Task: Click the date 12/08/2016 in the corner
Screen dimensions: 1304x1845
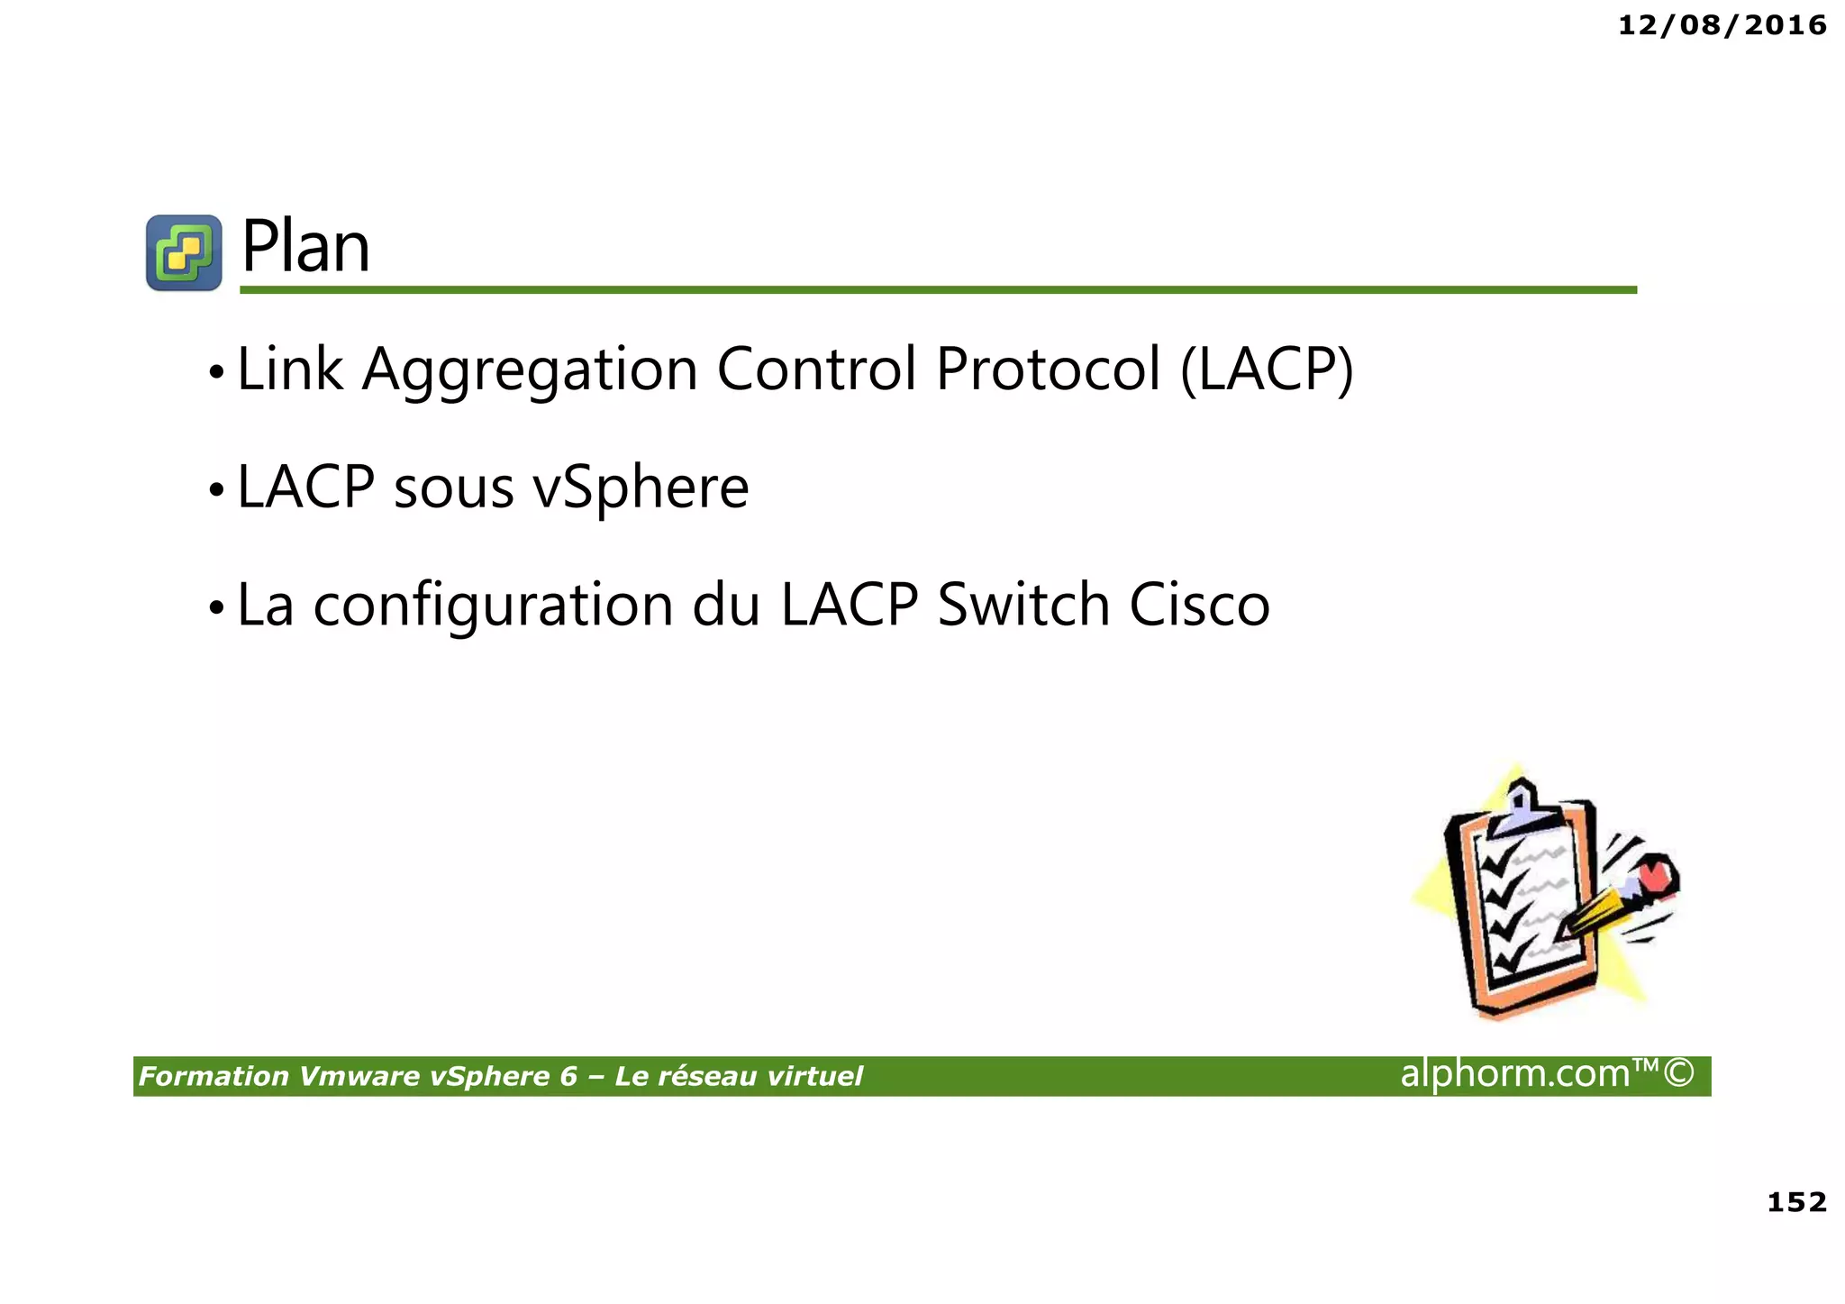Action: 1722,25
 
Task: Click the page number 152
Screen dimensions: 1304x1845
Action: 1796,1201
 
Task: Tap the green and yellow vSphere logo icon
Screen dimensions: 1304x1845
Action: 184,252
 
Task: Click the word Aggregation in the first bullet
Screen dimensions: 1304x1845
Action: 530,369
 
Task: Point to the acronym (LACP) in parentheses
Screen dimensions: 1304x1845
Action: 1266,369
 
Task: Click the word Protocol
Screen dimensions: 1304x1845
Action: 1048,369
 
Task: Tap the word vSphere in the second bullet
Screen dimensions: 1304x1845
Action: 641,488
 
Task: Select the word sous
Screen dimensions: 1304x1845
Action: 453,488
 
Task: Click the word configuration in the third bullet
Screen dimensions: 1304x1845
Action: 493,605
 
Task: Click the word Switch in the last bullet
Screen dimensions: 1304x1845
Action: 1023,605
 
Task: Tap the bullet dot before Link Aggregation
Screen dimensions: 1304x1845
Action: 215,372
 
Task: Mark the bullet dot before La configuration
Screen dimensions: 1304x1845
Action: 215,608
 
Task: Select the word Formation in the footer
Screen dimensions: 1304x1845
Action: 214,1076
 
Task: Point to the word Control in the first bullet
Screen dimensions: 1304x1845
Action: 816,369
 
